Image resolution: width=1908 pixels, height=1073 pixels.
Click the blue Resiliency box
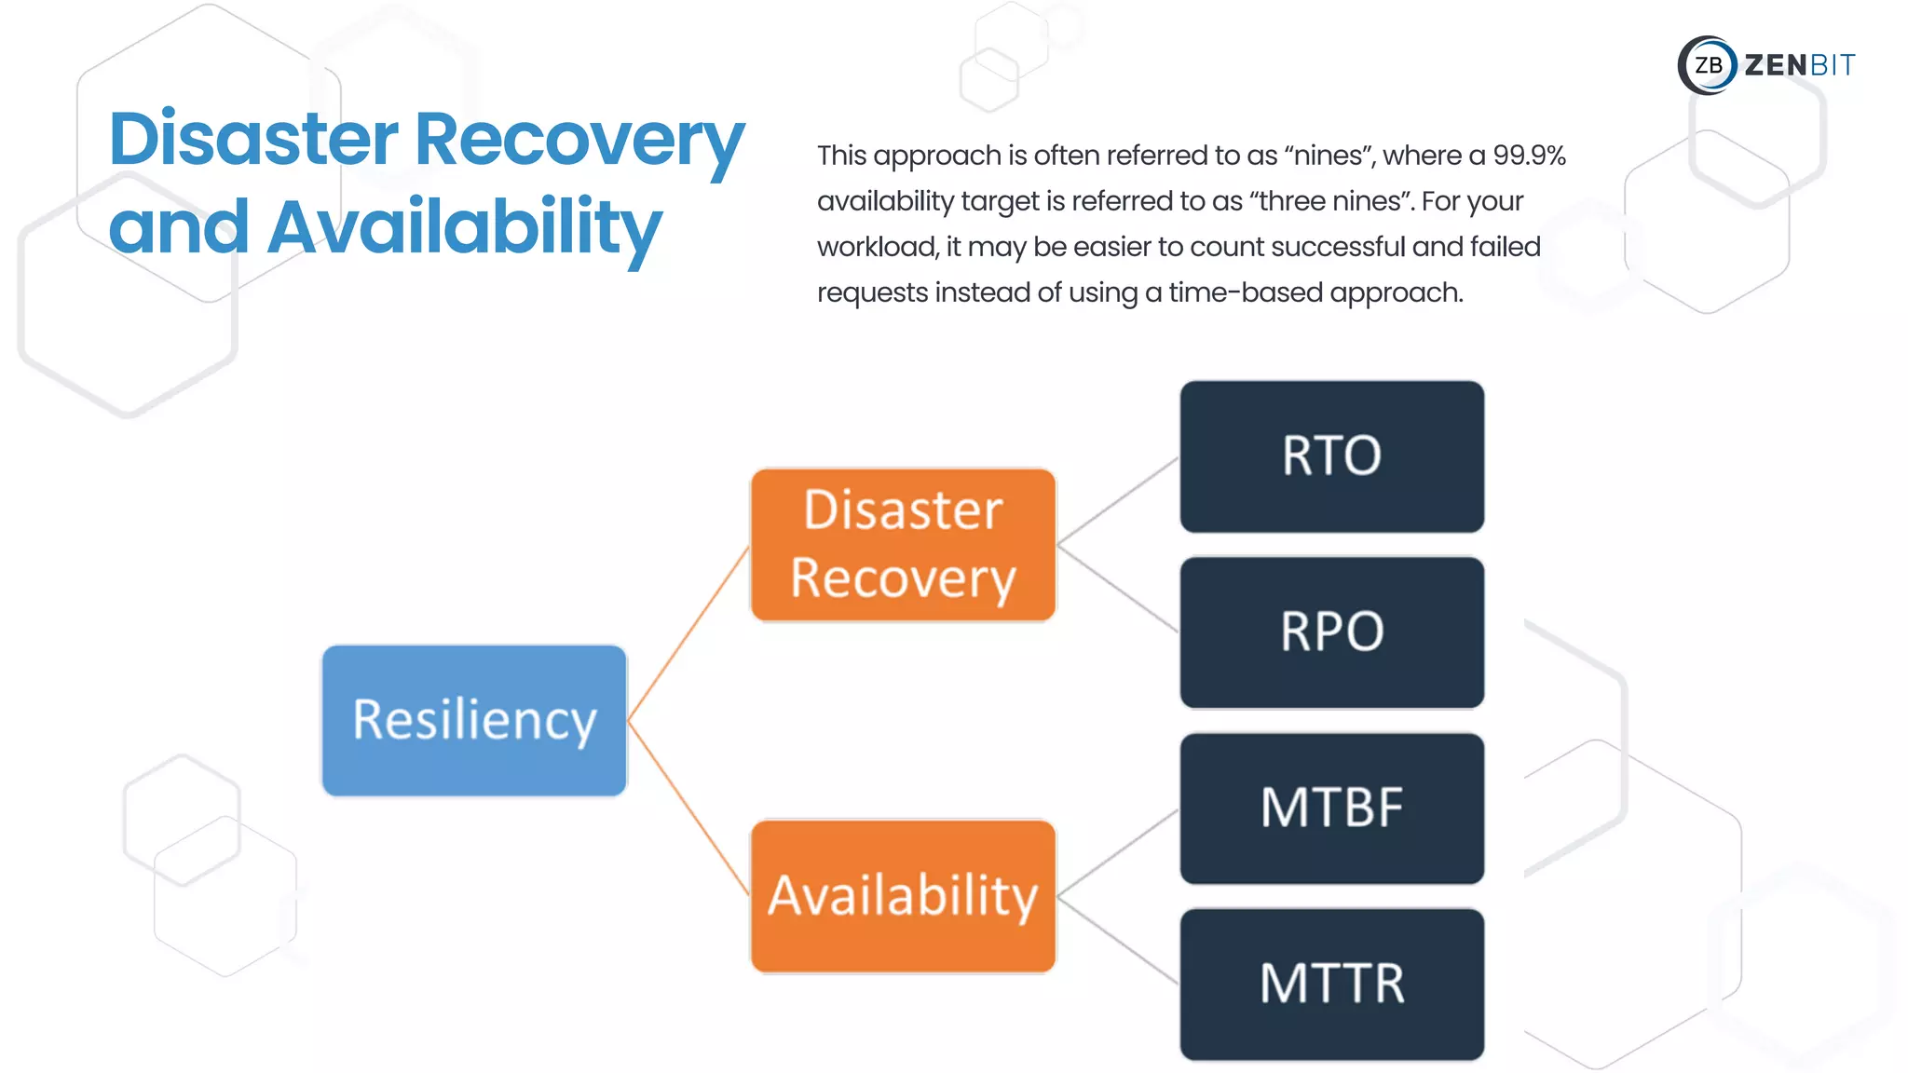474,720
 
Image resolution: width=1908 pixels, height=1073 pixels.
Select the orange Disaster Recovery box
903,545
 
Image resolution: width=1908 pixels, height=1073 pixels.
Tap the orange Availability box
903,896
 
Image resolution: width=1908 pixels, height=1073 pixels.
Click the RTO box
1331,456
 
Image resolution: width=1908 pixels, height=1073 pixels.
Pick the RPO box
1331,632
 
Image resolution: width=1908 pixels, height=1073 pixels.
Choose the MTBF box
1331,808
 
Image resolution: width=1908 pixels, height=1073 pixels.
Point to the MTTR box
1331,985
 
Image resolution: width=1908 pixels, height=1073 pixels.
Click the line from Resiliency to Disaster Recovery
689,632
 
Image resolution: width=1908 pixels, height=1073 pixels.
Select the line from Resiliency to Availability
689,808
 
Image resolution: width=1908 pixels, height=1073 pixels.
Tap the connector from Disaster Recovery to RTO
1118,500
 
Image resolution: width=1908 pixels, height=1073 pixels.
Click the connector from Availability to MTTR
1118,941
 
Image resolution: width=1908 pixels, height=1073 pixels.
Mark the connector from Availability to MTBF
1118,854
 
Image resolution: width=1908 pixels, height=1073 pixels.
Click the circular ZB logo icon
1707,65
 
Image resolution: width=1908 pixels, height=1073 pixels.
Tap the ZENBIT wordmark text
1799,65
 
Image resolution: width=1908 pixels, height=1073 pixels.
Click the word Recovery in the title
579,140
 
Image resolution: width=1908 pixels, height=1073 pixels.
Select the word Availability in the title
464,227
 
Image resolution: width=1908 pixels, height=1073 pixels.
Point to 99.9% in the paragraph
1529,156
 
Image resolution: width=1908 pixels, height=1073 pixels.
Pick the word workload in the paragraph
877,247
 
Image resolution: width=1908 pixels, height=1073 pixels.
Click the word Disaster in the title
253,140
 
